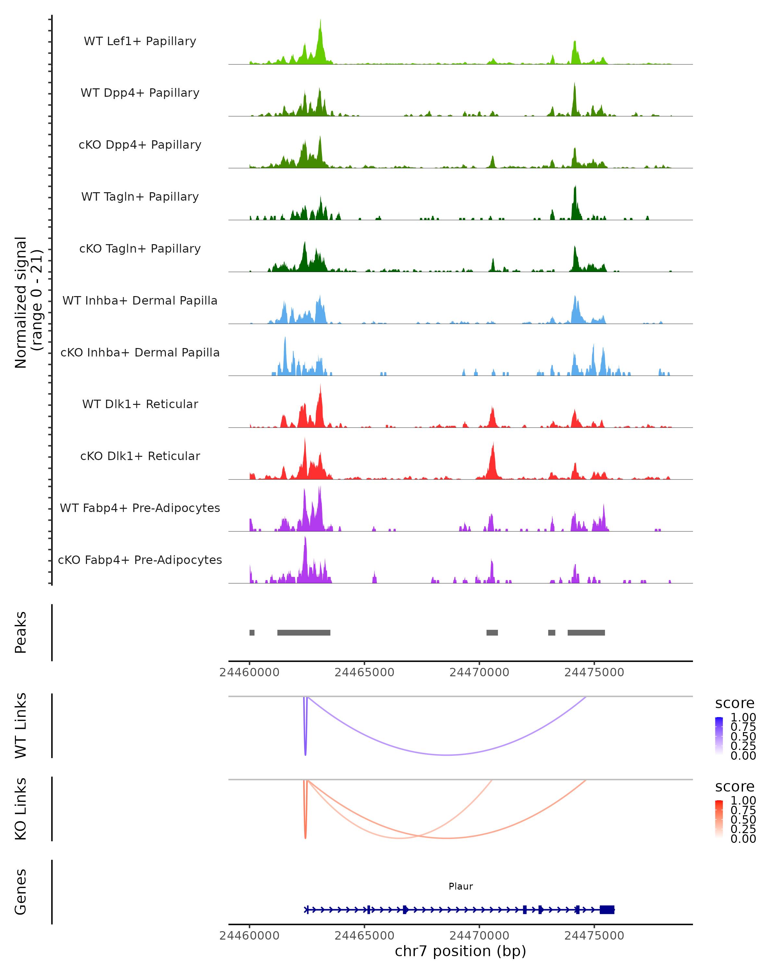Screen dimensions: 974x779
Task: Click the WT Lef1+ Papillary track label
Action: (140, 41)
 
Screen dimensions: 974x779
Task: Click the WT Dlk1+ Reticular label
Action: (140, 404)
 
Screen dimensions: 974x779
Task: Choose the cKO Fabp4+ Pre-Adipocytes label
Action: (140, 560)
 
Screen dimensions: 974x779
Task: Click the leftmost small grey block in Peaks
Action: (252, 632)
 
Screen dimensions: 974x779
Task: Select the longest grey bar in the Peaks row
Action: (303, 632)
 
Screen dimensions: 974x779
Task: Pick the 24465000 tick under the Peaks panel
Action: (365, 672)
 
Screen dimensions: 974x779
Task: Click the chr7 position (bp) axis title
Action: (460, 951)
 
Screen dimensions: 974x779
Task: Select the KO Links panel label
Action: (21, 809)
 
